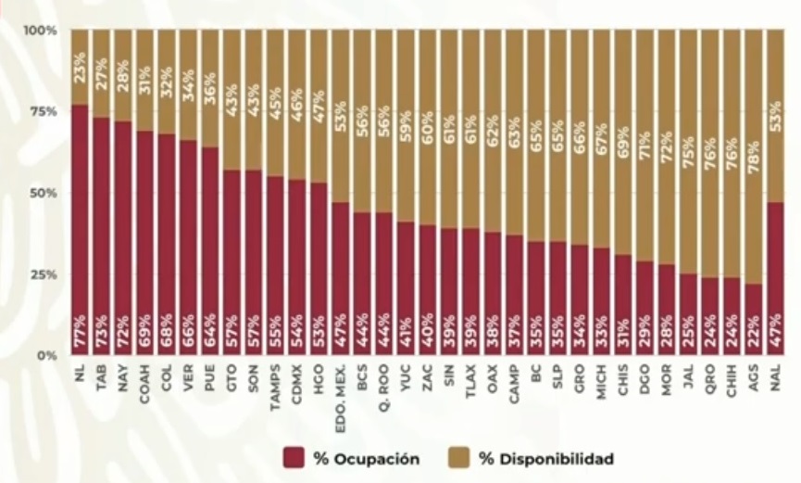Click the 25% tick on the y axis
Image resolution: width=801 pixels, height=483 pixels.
[44, 274]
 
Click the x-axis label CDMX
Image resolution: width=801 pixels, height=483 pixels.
[297, 381]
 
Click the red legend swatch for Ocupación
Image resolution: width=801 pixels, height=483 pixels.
[294, 458]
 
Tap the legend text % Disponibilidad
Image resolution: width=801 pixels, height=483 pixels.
[545, 458]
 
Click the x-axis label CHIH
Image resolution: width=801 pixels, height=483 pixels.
[732, 381]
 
